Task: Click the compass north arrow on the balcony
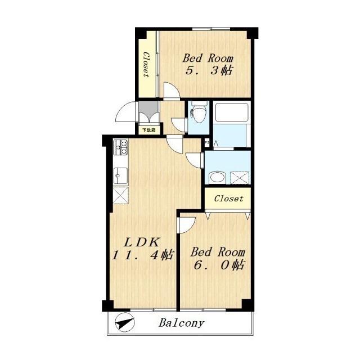click(x=125, y=322)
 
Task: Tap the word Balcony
click(x=181, y=323)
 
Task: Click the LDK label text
click(x=142, y=242)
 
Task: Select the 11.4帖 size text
click(x=142, y=255)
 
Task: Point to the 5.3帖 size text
click(x=209, y=70)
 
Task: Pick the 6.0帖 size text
click(x=219, y=265)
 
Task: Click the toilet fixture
click(x=198, y=112)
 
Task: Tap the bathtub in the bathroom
click(x=232, y=112)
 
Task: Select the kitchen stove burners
click(x=121, y=147)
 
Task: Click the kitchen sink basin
click(x=121, y=176)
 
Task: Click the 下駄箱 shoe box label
click(x=148, y=130)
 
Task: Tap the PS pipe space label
click(x=207, y=142)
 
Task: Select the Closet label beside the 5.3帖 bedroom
click(x=146, y=64)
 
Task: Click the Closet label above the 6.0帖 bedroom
click(x=229, y=199)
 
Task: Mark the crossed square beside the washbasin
click(x=240, y=178)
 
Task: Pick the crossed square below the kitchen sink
click(x=121, y=195)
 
